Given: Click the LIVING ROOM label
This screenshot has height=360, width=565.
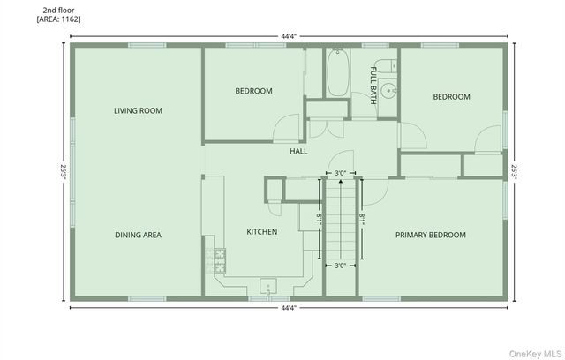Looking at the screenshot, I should point(138,110).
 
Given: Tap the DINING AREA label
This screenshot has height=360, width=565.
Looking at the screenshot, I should point(138,235).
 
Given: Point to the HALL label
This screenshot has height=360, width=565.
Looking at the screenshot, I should point(298,152).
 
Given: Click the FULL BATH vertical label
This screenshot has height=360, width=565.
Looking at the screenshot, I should point(373,85).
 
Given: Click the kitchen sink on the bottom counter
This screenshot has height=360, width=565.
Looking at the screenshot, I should point(267,285).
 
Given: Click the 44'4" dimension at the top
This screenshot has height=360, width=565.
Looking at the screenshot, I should point(289,36).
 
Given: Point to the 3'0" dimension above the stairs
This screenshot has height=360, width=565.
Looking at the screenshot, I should point(340,173).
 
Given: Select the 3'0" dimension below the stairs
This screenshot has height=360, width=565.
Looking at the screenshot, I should point(340,266).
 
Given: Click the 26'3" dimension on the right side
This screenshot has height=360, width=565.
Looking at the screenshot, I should point(515,170).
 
